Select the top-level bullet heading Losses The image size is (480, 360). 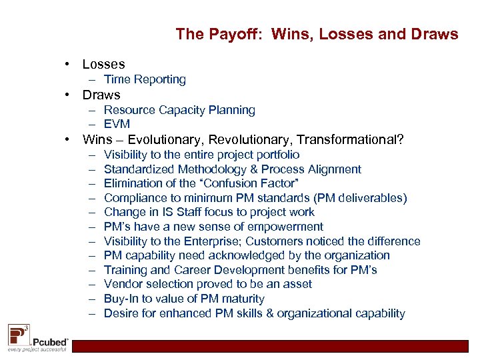(103, 64)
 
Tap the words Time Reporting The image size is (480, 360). (145, 79)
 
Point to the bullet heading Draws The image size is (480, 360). (101, 95)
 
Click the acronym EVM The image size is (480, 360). (117, 124)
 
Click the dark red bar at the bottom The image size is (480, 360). (273, 346)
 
